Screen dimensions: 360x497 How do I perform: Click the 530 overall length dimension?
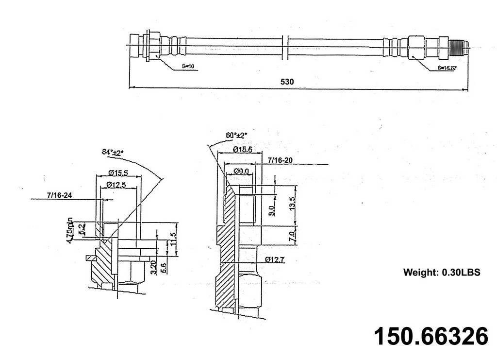[287, 82]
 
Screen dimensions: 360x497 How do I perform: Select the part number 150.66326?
[431, 336]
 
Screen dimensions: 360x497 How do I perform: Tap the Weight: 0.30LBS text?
[442, 273]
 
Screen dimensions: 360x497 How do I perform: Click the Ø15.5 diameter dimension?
[118, 172]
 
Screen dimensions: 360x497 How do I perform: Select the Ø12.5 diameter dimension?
[118, 185]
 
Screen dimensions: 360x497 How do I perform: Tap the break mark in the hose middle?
[288, 48]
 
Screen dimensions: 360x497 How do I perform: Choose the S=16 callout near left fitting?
[188, 66]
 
